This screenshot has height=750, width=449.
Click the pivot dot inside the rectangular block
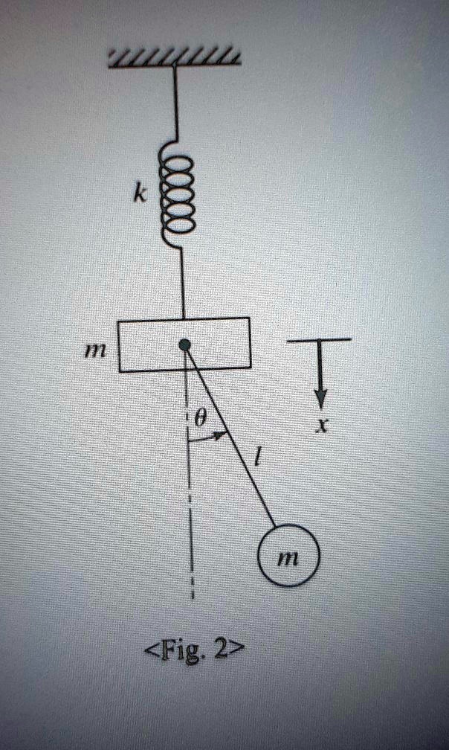tap(184, 344)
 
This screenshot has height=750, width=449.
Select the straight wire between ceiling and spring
tap(175, 104)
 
